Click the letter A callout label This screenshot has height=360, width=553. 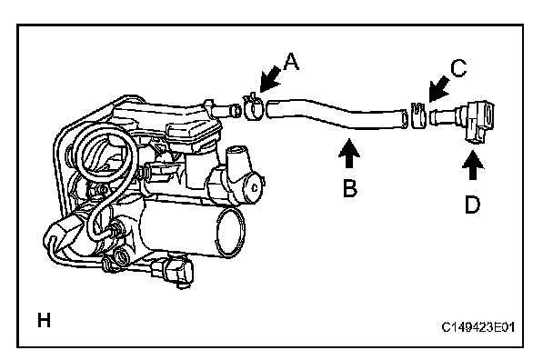292,62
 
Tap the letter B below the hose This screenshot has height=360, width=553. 350,188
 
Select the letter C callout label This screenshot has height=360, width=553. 458,68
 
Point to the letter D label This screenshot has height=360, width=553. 473,205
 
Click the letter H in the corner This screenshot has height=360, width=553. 44,321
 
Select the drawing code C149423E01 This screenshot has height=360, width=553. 478,327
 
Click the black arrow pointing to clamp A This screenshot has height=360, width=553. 270,80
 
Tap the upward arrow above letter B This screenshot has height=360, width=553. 349,153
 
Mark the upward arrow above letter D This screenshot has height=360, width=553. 473,165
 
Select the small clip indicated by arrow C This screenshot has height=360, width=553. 418,115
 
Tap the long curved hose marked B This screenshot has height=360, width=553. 335,114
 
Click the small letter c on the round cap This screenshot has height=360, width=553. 255,188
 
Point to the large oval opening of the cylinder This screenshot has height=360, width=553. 231,233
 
